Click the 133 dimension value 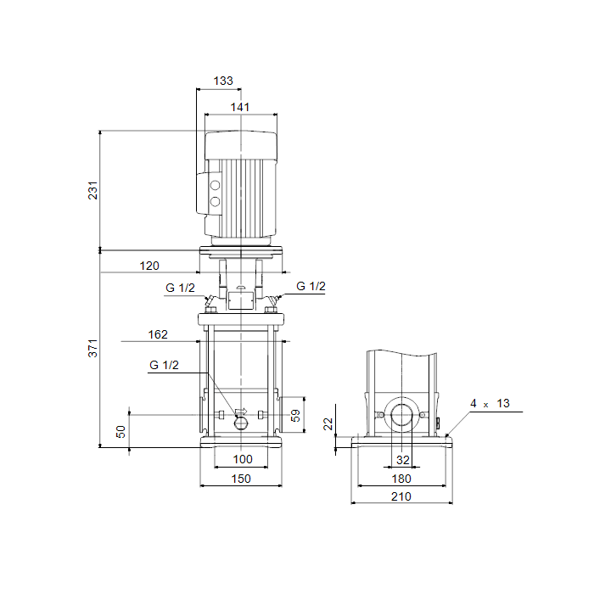click(x=223, y=81)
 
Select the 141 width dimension click(x=240, y=107)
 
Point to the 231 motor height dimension click(x=92, y=190)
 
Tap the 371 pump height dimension click(x=92, y=348)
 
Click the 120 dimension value click(x=149, y=266)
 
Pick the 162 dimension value click(x=158, y=334)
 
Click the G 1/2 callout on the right click(x=311, y=286)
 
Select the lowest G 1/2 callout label click(x=164, y=365)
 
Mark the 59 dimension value click(x=295, y=416)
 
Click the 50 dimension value click(x=120, y=431)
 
